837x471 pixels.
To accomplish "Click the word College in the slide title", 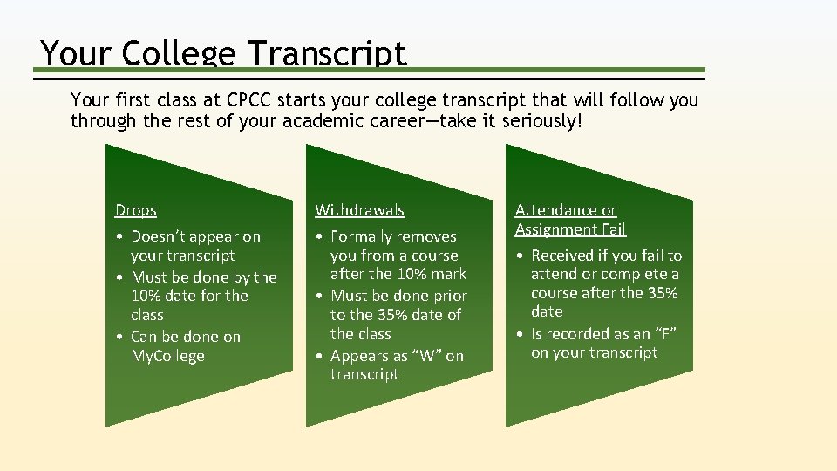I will click(x=179, y=53).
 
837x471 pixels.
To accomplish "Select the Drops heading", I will click(x=136, y=210).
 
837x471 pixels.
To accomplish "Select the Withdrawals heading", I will click(x=359, y=210).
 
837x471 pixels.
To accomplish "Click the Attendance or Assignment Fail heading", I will click(x=570, y=220).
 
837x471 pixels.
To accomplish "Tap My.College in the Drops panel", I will click(x=167, y=356).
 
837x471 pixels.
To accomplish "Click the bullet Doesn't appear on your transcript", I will click(x=195, y=246).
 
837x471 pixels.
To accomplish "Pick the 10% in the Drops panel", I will click(x=146, y=296).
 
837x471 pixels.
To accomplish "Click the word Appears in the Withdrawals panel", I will click(x=359, y=356).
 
